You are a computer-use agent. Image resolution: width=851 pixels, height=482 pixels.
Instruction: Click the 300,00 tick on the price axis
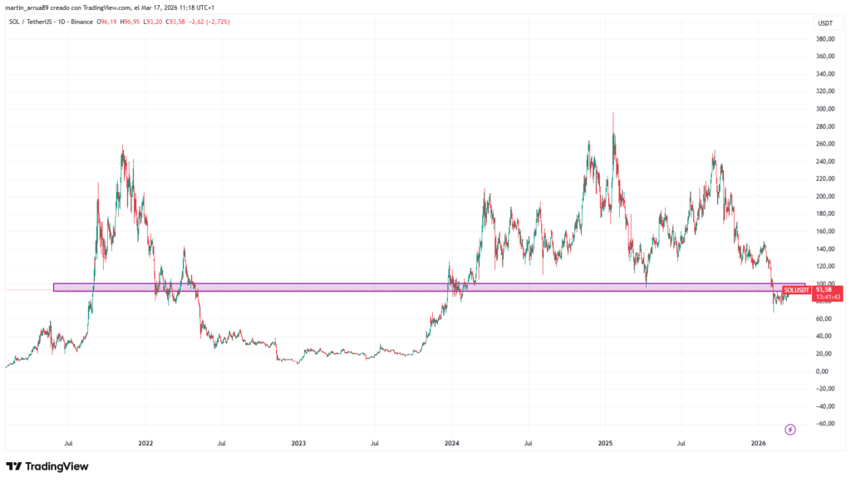(x=825, y=109)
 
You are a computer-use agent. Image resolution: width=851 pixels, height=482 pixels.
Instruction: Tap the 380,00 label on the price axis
(x=825, y=39)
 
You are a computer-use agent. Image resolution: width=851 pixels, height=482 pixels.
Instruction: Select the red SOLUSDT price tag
(x=796, y=289)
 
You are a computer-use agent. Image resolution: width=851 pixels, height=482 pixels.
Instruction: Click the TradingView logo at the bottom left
(x=47, y=466)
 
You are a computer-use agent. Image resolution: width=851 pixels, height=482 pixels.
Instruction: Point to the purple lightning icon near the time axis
(x=790, y=429)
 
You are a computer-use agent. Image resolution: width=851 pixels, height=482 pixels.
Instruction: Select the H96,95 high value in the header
(x=129, y=22)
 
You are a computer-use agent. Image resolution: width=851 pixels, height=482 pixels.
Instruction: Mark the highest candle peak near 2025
(x=613, y=114)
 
